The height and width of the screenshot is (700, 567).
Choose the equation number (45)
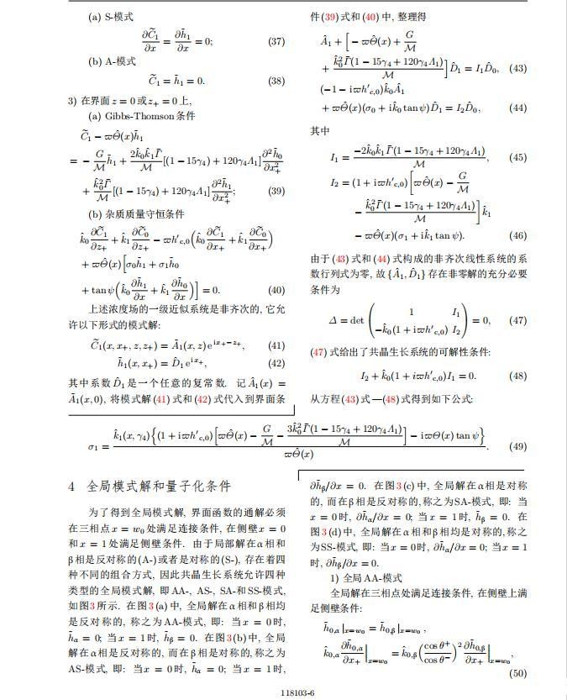[517, 157]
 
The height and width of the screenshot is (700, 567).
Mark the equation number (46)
[517, 236]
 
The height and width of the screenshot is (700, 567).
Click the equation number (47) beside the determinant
[517, 320]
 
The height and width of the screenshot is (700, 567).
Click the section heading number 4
[71, 487]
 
